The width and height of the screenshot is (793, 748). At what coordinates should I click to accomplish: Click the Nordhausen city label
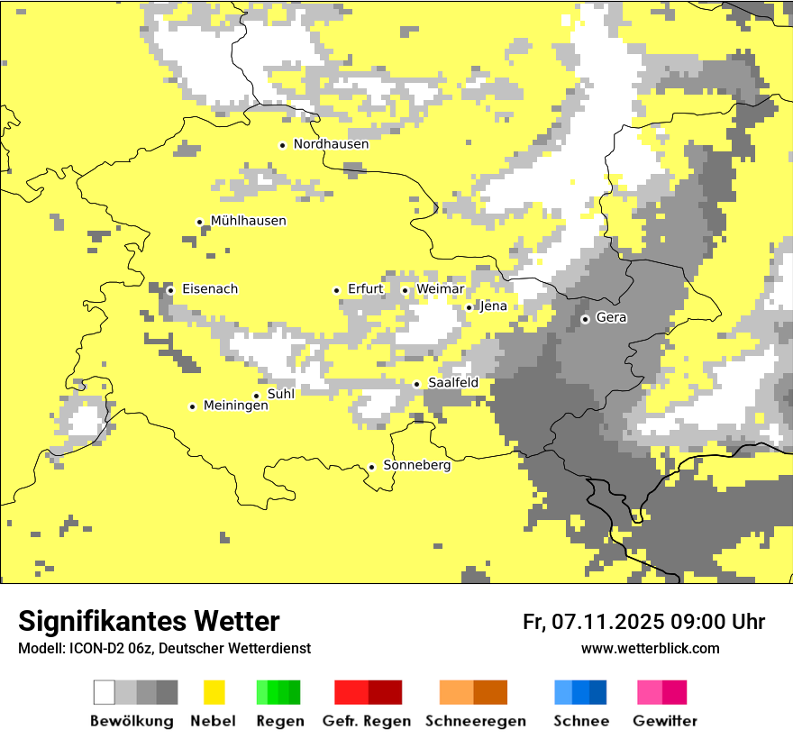pos(331,144)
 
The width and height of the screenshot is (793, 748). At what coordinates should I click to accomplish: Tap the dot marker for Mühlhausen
pos(199,222)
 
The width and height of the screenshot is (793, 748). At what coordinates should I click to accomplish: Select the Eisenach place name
pos(210,289)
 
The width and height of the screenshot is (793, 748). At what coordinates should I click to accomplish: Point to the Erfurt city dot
pos(336,290)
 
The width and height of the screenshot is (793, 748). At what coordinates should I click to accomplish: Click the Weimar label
pos(440,289)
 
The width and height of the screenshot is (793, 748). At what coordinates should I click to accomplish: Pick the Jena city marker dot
pos(469,307)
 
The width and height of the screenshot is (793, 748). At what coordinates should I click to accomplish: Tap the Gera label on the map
pos(611,318)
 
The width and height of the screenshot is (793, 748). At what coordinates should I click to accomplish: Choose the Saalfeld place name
pos(452,383)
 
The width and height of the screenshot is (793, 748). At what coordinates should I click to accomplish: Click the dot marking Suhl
pos(256,396)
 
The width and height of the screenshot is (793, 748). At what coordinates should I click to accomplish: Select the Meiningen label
pos(235,406)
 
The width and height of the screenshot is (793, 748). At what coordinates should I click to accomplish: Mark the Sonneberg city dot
pos(371,467)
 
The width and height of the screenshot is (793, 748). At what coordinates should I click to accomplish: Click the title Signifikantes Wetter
pos(149,621)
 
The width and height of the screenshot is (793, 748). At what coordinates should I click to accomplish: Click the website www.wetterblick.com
pos(650,648)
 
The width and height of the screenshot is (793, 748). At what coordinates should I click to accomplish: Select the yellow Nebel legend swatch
pos(214,692)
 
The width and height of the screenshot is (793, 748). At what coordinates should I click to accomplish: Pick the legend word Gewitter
pos(665,721)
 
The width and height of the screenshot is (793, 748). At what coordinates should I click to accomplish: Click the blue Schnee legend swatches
pos(580,692)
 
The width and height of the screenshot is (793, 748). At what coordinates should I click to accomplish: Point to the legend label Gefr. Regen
pos(367,721)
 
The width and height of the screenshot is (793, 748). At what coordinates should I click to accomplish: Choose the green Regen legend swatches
pos(278,692)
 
